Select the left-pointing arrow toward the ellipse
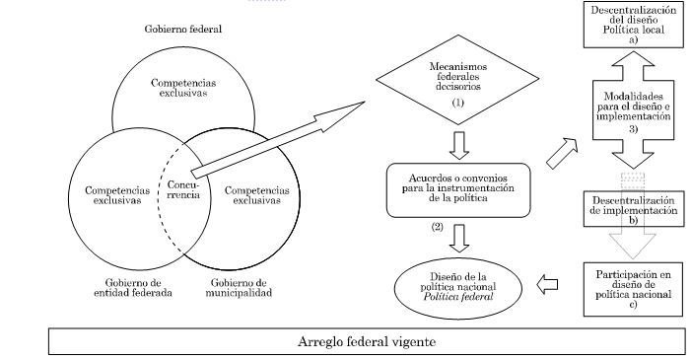(548, 284)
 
